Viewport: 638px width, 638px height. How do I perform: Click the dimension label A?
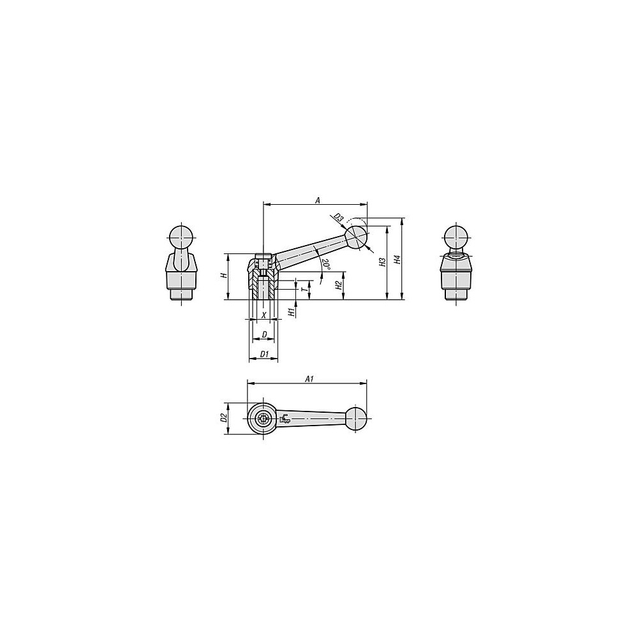318,200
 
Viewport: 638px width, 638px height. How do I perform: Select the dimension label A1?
309,379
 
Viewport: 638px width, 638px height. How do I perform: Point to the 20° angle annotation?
325,265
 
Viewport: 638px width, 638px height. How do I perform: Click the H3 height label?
382,262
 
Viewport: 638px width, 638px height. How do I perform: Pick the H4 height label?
398,260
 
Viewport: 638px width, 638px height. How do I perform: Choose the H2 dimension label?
339,286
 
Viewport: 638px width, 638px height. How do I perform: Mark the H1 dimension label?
292,312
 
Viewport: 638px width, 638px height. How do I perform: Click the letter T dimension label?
303,289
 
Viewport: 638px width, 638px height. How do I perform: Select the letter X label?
263,315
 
